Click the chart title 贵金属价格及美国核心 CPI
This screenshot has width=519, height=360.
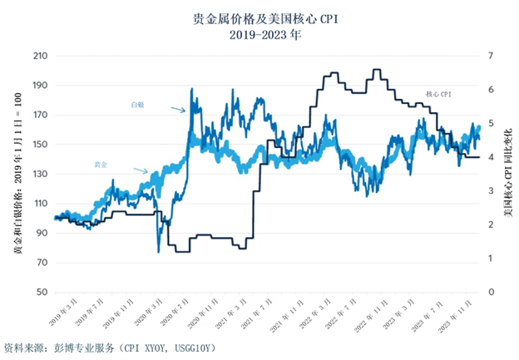(259, 17)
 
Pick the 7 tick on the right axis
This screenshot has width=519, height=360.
(492, 56)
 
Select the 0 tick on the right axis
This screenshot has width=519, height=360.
(492, 293)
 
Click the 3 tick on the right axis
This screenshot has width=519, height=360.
(492, 191)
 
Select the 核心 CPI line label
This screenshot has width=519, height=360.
(437, 96)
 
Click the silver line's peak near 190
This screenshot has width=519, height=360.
(192, 89)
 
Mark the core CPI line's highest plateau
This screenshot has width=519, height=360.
(377, 70)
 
